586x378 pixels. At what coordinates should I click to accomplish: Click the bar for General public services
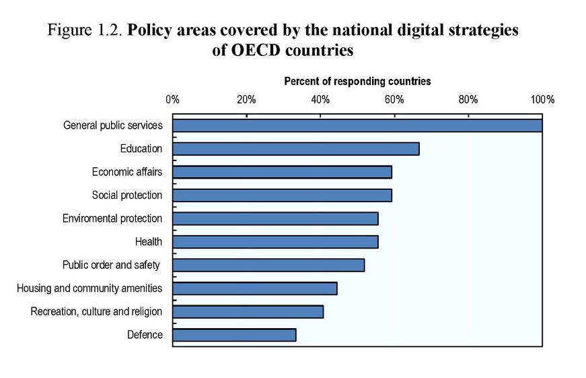click(x=357, y=125)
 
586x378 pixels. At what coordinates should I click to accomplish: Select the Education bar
click(x=296, y=149)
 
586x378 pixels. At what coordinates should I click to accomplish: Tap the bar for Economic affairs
click(x=282, y=172)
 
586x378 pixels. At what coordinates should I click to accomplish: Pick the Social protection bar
click(x=282, y=195)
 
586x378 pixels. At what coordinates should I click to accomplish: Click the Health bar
click(x=275, y=242)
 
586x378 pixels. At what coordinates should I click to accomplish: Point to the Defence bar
click(x=234, y=335)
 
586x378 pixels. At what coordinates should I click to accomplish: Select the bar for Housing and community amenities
click(x=255, y=288)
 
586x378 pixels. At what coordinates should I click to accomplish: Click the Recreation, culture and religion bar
click(x=248, y=311)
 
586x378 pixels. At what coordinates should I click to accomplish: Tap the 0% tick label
click(x=172, y=100)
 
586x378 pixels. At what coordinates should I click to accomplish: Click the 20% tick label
click(x=246, y=100)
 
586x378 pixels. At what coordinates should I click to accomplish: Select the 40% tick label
click(x=320, y=100)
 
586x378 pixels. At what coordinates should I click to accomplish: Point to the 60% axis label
click(x=394, y=100)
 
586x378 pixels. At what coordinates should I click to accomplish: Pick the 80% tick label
click(x=468, y=100)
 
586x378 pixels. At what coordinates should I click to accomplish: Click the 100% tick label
click(x=542, y=100)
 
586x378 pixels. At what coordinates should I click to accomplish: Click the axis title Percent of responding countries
click(x=357, y=82)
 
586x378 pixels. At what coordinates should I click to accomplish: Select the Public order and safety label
click(x=111, y=265)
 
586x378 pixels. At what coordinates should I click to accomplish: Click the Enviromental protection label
click(x=112, y=218)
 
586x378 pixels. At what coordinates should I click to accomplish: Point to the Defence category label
click(x=145, y=335)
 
